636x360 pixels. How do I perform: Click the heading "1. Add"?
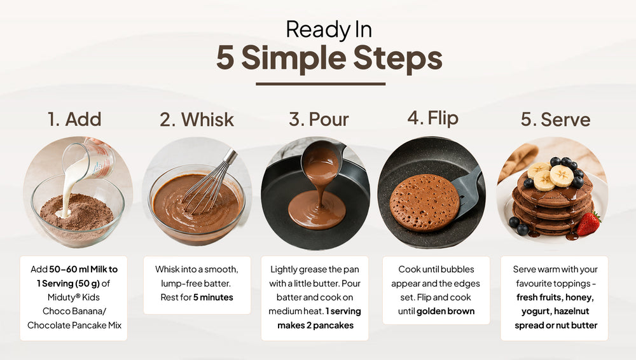point(74,120)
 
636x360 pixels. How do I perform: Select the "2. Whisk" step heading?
point(197,120)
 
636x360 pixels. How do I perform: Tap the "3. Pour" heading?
point(319,120)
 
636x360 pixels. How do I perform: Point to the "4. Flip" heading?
point(432,118)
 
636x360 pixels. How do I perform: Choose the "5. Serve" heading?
point(555,120)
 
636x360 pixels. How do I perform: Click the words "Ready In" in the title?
point(329,30)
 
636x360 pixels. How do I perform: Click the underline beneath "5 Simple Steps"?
point(321,84)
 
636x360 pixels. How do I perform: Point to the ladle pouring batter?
point(322,160)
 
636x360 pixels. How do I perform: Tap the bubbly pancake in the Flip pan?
point(424,203)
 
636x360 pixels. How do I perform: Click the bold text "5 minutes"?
point(213,297)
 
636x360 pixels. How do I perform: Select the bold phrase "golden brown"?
point(445,311)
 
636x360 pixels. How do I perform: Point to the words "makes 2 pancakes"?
point(315,325)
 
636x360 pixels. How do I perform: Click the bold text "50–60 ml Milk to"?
point(83,269)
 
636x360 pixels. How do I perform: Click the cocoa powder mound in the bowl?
point(77,212)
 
